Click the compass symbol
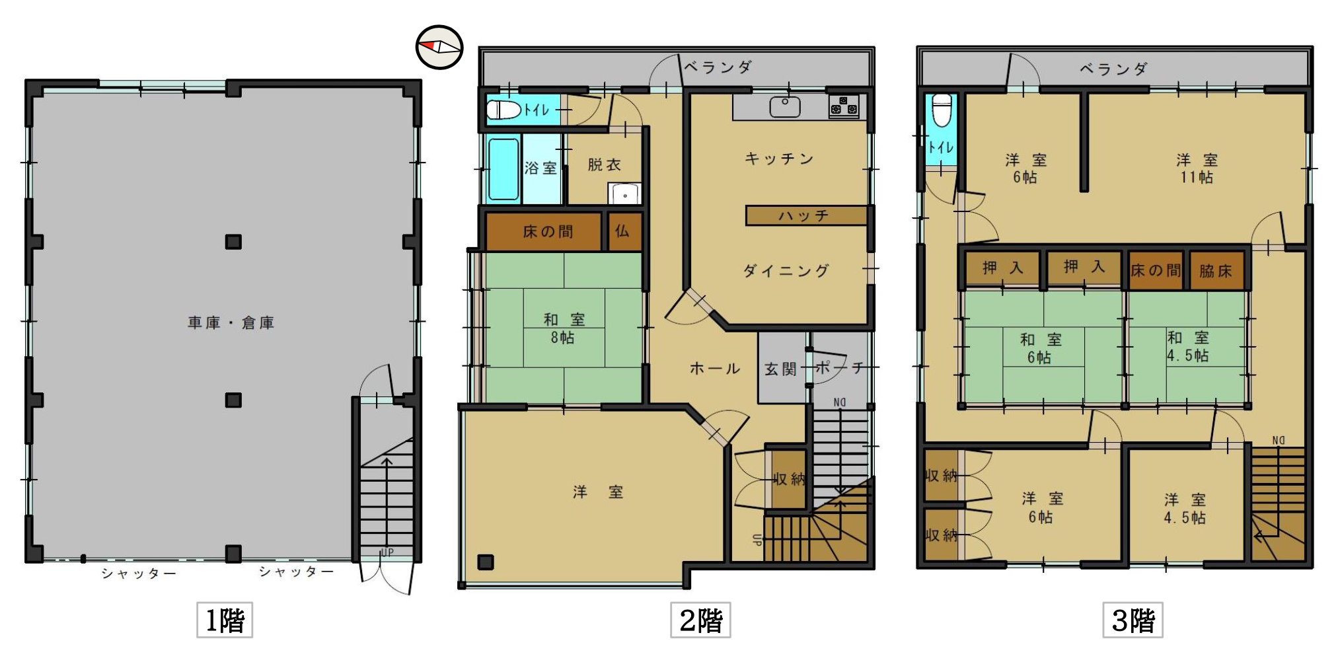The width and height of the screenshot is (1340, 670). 439,47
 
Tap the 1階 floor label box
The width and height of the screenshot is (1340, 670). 225,620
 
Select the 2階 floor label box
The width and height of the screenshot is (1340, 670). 700,620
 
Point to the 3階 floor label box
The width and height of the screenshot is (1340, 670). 1133,620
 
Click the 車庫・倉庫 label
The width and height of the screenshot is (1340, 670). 231,322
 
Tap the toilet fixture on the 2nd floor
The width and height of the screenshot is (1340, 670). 505,109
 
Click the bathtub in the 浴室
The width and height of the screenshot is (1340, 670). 503,168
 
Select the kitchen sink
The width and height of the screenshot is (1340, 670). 785,106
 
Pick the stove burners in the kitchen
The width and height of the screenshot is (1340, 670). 844,106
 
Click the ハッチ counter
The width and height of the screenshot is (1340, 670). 806,215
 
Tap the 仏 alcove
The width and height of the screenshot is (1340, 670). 623,231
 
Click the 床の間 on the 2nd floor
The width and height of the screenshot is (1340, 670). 544,231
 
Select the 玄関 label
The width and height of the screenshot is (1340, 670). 781,369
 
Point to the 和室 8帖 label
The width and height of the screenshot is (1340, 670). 564,328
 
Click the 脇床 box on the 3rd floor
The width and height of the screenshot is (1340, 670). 1216,270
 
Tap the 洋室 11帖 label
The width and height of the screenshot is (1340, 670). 1197,168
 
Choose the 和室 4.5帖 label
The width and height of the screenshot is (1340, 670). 1187,346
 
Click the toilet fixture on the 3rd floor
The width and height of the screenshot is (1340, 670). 942,110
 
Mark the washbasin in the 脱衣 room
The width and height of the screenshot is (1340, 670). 624,194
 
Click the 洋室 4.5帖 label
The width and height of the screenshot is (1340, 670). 1185,508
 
